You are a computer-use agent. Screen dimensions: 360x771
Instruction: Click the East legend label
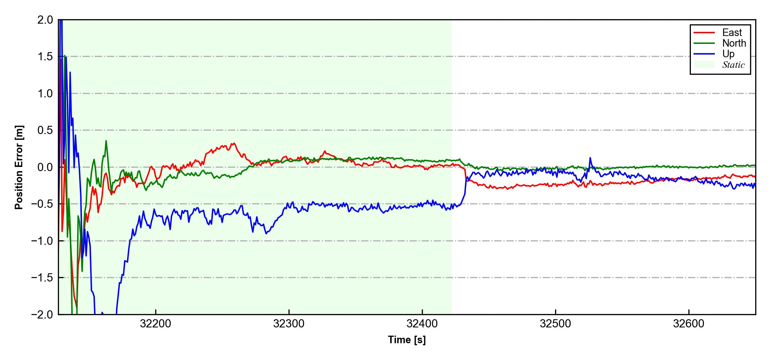tap(732, 33)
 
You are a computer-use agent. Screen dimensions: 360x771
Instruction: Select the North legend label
tap(734, 43)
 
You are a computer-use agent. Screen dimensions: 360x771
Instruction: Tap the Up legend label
tap(729, 54)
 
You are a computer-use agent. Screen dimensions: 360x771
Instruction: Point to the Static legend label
tap(733, 65)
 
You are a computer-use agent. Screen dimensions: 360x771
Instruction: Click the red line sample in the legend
tap(704, 33)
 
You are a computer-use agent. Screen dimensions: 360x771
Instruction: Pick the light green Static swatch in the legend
tap(704, 65)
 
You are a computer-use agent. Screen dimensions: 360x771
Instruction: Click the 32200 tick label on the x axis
tap(156, 324)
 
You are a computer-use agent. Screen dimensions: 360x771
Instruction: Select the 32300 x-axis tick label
tap(289, 324)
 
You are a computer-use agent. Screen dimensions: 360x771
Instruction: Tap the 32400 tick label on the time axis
tap(422, 324)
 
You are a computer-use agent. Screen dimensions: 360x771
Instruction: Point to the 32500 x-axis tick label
tap(555, 324)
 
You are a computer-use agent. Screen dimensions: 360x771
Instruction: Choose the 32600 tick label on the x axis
tap(688, 324)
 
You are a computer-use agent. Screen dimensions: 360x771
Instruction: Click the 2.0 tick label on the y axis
tap(45, 20)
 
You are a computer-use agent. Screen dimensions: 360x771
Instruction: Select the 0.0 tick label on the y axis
tap(45, 167)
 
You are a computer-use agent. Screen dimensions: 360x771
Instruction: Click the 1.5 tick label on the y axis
tap(45, 57)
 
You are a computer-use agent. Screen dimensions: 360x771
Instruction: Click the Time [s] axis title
tap(407, 340)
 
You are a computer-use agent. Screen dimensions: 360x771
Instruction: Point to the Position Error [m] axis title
tap(19, 167)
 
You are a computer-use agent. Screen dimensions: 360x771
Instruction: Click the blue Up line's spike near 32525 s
tap(590, 158)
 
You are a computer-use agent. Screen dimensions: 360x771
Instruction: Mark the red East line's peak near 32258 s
tap(234, 143)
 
